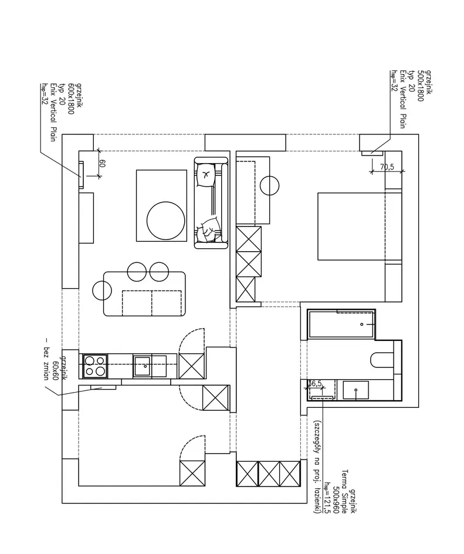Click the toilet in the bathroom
coord(382,360)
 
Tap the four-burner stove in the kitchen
coord(95,366)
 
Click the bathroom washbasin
coord(356,390)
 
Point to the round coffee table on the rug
coord(166,220)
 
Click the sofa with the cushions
coord(211,203)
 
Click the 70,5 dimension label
coord(387,167)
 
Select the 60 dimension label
coord(103,163)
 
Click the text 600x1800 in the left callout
coord(70,99)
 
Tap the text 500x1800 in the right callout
coord(420,86)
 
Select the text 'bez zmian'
coord(46,359)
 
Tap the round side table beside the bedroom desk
coord(269,185)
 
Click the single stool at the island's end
coord(102,290)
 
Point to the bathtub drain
coord(362,325)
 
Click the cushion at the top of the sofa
coord(206,174)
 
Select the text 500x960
coord(336,498)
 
